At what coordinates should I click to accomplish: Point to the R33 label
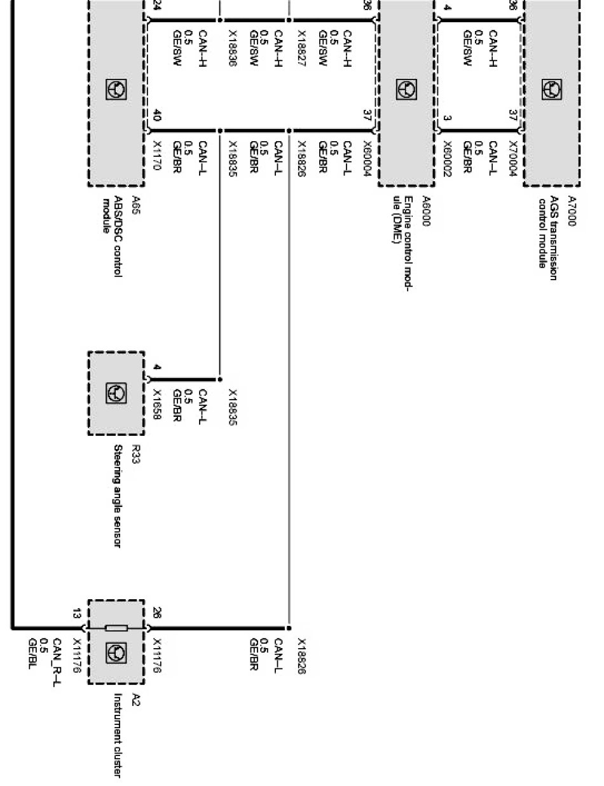[135, 454]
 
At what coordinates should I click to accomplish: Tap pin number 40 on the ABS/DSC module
[157, 117]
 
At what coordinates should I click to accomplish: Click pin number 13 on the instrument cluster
[76, 614]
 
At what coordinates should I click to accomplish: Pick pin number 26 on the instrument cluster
[157, 614]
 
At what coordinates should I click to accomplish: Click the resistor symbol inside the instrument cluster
[116, 628]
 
